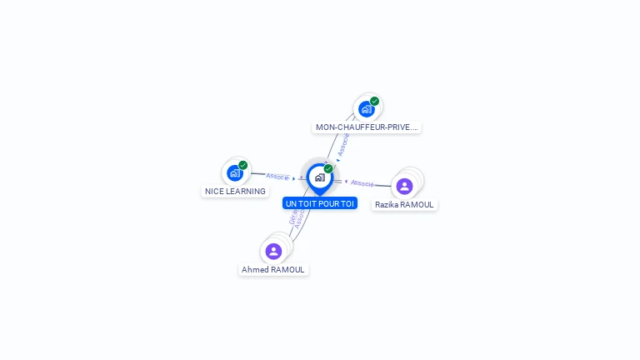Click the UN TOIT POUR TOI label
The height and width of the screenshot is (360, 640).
pos(320,203)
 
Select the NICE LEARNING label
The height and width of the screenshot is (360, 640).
pos(235,192)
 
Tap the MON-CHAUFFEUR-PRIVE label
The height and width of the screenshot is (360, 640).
pos(367,127)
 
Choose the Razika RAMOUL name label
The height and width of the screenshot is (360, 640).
pos(404,205)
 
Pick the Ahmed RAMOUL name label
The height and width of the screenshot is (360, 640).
pos(273,270)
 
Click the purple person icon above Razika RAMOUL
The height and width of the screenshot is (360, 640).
pos(404,186)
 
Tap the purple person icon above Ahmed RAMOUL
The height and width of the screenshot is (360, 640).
pos(273,251)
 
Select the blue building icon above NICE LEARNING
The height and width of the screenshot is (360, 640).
pos(235,173)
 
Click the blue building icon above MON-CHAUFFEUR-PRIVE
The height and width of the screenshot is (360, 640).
pos(366,109)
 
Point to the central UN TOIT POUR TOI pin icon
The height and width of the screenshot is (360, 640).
pos(319,177)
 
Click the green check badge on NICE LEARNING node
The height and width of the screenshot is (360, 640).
pos(243,165)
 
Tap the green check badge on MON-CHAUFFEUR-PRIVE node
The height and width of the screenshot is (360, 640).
pos(375,101)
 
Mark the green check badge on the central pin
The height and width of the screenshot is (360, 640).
pos(328,168)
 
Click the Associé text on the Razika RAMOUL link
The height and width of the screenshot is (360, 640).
pos(362,182)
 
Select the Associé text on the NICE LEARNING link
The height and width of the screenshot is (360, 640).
pos(277,177)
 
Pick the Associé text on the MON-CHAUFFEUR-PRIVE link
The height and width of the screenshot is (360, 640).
pos(343,144)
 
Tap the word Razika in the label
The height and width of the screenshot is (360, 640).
pos(387,205)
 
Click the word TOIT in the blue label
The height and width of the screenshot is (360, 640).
pos(309,203)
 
